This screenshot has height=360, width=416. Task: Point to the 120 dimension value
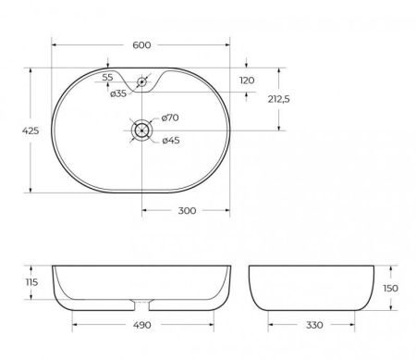click(246, 81)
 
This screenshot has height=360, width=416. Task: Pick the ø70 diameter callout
click(169, 118)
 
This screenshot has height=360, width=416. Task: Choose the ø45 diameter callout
click(169, 141)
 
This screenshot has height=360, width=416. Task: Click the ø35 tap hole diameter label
click(118, 93)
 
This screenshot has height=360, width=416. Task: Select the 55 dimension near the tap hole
click(108, 77)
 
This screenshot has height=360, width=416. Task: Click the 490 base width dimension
click(141, 326)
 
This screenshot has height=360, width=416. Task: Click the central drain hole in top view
click(141, 130)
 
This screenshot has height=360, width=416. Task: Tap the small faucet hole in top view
click(141, 82)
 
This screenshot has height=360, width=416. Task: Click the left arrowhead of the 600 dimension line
click(54, 43)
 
